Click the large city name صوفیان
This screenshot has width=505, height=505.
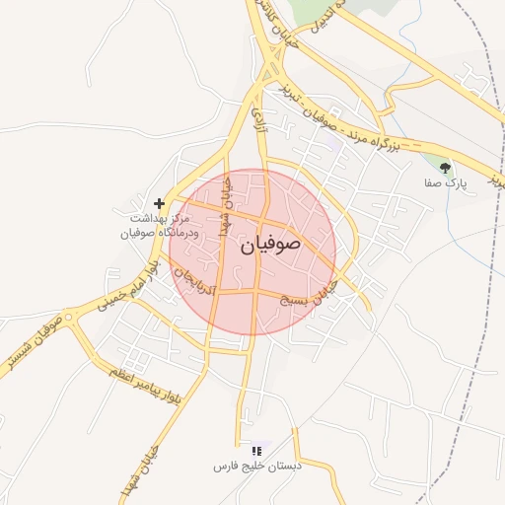pyautogui.click(x=266, y=246)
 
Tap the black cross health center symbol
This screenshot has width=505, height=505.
pyautogui.click(x=160, y=202)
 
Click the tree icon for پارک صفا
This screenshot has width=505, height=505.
pyautogui.click(x=445, y=167)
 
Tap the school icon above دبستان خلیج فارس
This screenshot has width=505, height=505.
pyautogui.click(x=256, y=450)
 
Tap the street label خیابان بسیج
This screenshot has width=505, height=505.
pyautogui.click(x=331, y=295)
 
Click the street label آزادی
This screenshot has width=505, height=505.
pyautogui.click(x=260, y=120)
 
